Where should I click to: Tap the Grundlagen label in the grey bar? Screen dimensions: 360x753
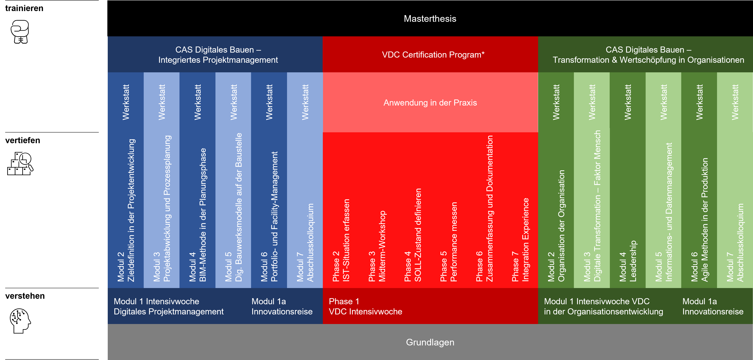point(430,342)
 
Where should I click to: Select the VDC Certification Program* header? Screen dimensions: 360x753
point(433,55)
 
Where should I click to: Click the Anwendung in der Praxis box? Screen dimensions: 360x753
point(430,103)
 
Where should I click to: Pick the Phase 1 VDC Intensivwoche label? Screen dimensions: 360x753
point(365,306)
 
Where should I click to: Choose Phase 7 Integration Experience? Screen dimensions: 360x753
point(520,240)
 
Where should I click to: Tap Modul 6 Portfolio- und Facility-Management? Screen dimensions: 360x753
point(269,217)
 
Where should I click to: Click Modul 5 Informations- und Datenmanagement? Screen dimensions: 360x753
point(664,212)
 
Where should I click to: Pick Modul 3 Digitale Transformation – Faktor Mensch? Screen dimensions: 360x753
point(592,206)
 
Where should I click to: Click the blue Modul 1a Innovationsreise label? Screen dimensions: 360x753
point(282,306)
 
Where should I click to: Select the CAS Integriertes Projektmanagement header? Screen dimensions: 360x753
point(218,55)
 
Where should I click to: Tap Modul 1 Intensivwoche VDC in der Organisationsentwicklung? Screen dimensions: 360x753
point(603,306)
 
